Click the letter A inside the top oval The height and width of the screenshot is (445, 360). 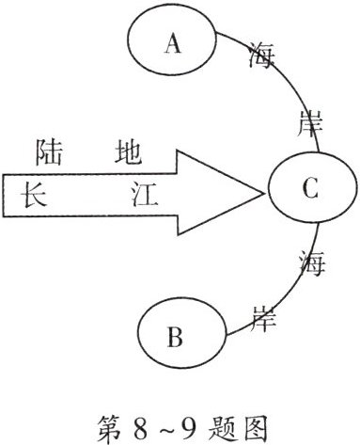[x=171, y=44]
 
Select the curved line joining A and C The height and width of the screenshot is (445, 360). [x=288, y=85]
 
